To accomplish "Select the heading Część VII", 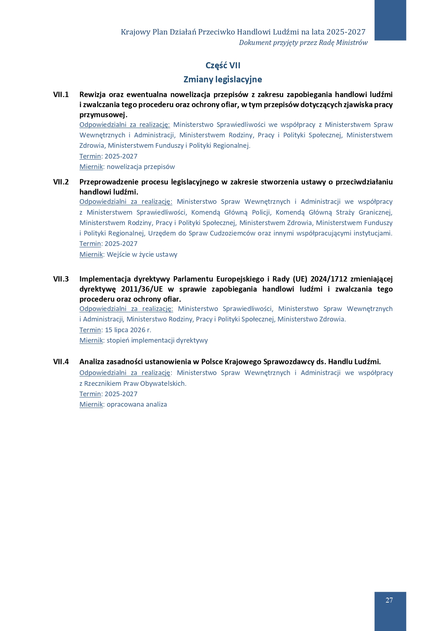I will point(223,65).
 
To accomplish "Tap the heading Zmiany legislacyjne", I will point(223,79).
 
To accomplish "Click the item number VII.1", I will point(61,95).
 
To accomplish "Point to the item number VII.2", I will point(61,182).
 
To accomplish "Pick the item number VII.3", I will point(61,279).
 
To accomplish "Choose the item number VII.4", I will point(61,362).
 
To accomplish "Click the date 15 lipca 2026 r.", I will point(128,330).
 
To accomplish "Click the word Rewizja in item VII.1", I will point(92,95).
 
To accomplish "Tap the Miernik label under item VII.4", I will point(91,404).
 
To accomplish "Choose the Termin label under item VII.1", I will point(90,156).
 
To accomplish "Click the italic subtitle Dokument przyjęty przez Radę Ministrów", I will point(303,43).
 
